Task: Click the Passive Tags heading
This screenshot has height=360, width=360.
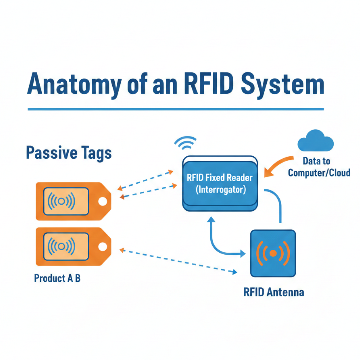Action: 69,153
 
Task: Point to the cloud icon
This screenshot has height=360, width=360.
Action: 315,142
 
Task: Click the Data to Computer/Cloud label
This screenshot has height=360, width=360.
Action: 319,167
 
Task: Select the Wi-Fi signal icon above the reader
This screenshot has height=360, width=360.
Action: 185,143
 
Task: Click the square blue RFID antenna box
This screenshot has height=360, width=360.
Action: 273,253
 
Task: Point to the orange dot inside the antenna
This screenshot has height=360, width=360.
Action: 273,253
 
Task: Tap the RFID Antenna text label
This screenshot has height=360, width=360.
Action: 274,292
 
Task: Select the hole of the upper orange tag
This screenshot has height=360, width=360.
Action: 102,201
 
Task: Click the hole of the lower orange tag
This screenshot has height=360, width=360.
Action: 102,247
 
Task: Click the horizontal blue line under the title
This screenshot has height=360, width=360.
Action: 176,109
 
